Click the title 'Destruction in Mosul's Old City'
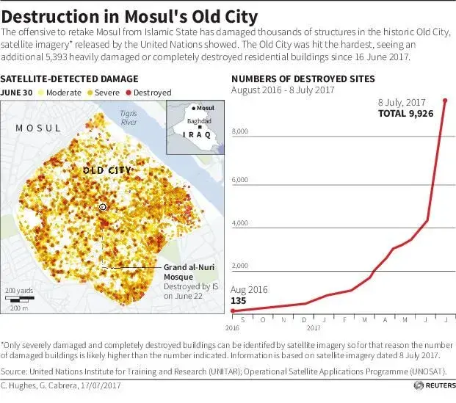(x=133, y=15)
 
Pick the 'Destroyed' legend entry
(x=151, y=93)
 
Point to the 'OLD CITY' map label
(x=106, y=170)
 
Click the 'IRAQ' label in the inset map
(x=195, y=134)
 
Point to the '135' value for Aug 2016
(x=239, y=301)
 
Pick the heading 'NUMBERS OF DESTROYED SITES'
(x=303, y=79)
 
